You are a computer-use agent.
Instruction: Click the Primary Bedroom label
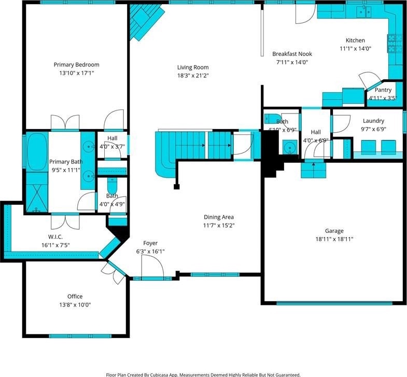[x=76, y=65]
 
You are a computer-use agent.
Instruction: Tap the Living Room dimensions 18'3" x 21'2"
[x=193, y=76]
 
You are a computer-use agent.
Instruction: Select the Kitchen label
[x=355, y=40]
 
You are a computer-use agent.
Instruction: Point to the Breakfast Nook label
[x=292, y=54]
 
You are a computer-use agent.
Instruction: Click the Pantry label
[x=383, y=90]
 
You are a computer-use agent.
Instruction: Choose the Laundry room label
[x=373, y=121]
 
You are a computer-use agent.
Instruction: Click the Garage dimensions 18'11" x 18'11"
[x=334, y=239]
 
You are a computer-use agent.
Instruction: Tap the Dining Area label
[x=219, y=217]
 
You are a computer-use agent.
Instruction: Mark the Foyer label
[x=150, y=243]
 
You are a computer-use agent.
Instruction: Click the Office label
[x=75, y=296]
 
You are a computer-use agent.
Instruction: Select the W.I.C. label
[x=55, y=237]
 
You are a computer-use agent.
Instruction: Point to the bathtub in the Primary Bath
[x=37, y=152]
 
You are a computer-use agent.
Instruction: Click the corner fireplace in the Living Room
[x=145, y=20]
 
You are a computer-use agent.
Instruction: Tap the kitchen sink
[x=364, y=11]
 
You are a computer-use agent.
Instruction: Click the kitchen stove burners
[x=391, y=43]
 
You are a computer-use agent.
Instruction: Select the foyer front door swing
[x=152, y=266]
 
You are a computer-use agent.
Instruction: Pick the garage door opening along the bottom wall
[x=334, y=303]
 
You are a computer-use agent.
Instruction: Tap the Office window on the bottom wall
[x=80, y=336]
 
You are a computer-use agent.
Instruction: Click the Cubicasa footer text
[x=203, y=374]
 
